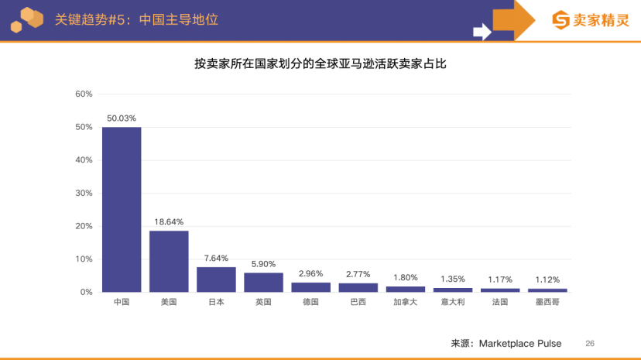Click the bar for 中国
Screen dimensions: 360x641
122,209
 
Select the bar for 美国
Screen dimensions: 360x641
169,261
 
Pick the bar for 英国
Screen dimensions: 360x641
263,282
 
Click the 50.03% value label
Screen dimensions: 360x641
122,118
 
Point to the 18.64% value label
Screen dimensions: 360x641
169,222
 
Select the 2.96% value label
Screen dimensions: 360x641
310,273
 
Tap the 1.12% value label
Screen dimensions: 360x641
547,279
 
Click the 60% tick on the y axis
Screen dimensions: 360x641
84,94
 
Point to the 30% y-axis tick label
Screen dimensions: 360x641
84,193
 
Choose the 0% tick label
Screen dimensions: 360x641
86,292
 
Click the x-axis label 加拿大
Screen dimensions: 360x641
405,303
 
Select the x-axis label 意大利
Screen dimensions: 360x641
453,303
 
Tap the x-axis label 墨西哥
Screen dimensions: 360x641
547,303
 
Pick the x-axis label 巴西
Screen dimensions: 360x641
358,303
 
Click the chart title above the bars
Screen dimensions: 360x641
320,64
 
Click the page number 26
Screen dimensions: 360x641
590,343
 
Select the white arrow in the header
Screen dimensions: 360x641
482,32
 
